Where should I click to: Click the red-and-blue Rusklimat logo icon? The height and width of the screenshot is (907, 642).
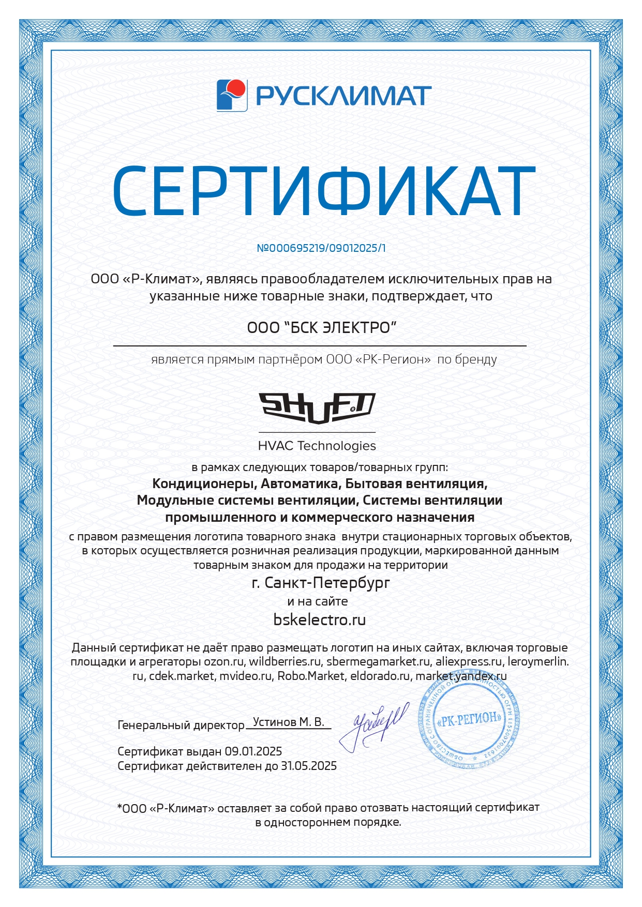point(232,95)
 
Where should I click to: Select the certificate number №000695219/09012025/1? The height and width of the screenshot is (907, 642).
point(321,248)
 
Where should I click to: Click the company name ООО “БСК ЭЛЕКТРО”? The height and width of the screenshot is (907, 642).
point(321,328)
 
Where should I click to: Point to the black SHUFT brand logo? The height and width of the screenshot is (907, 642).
point(317,408)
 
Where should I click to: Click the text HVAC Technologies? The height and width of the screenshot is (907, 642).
point(317,446)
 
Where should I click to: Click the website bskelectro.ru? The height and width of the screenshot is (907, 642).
point(319,619)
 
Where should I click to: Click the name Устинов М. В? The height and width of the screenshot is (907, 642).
point(288,722)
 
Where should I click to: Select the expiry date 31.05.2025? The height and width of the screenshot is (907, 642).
point(308,766)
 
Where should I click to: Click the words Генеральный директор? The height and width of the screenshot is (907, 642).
point(181,725)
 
